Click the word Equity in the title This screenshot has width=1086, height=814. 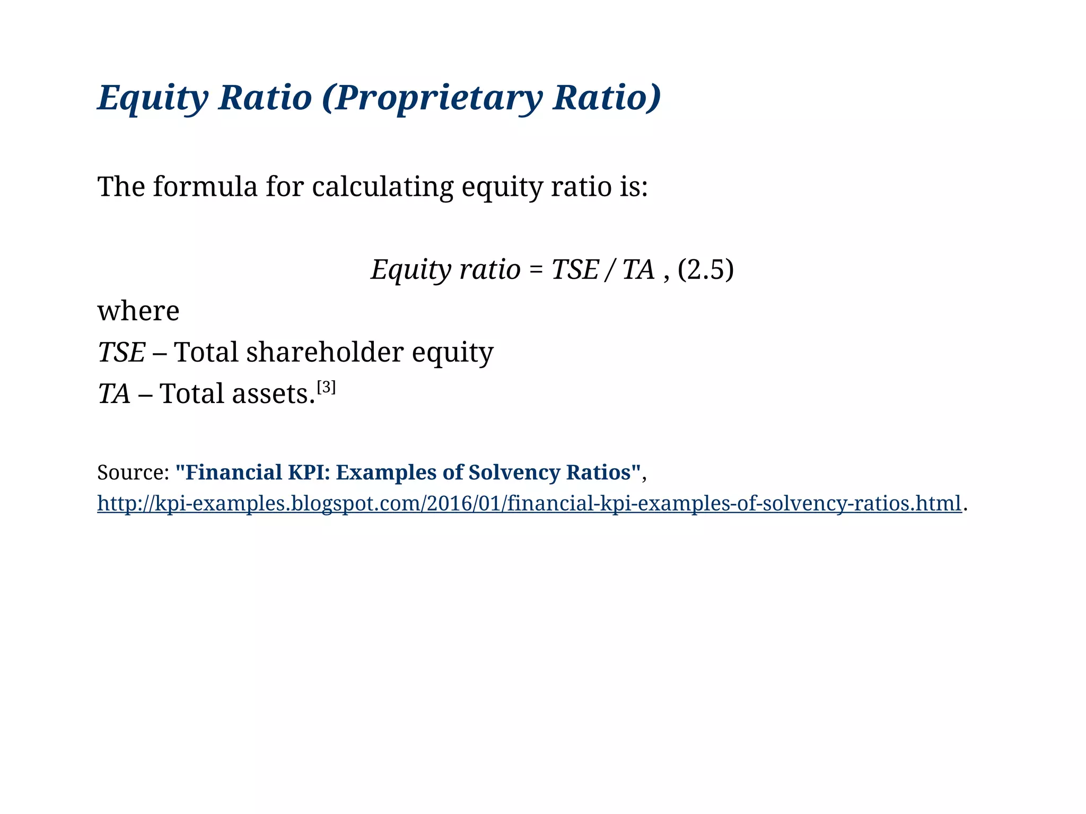[153, 98]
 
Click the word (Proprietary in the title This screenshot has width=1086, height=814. [432, 98]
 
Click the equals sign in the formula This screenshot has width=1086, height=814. [536, 270]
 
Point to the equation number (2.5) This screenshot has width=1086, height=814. [705, 270]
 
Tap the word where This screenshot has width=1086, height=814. [138, 311]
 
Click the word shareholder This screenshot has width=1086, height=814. [325, 353]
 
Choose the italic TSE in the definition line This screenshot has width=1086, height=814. [121, 353]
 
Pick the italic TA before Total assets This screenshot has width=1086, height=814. [114, 394]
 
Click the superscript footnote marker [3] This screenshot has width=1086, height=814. [326, 388]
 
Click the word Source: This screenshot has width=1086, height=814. [133, 472]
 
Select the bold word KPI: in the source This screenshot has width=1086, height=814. [309, 472]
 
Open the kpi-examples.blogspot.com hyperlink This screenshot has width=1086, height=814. [529, 503]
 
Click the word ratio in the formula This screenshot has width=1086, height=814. [490, 270]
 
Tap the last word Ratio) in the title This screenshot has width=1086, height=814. [606, 98]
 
